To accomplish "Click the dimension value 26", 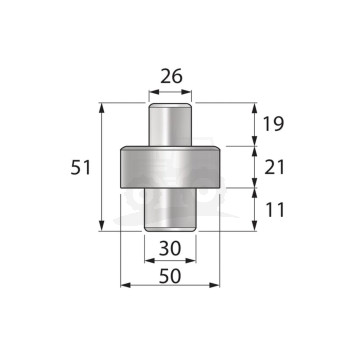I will coord(171,77).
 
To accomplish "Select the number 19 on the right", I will coord(274,124).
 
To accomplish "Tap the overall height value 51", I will coord(82,167).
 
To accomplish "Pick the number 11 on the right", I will coord(274,211).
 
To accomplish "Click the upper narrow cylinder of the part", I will coord(170,127).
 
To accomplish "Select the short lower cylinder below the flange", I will coord(170,209).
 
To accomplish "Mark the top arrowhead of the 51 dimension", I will coord(104,107).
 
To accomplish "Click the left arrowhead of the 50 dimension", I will coord(125,285).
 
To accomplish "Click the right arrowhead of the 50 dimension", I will coord(216,285).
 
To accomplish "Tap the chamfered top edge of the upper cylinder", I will coord(170,105).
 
